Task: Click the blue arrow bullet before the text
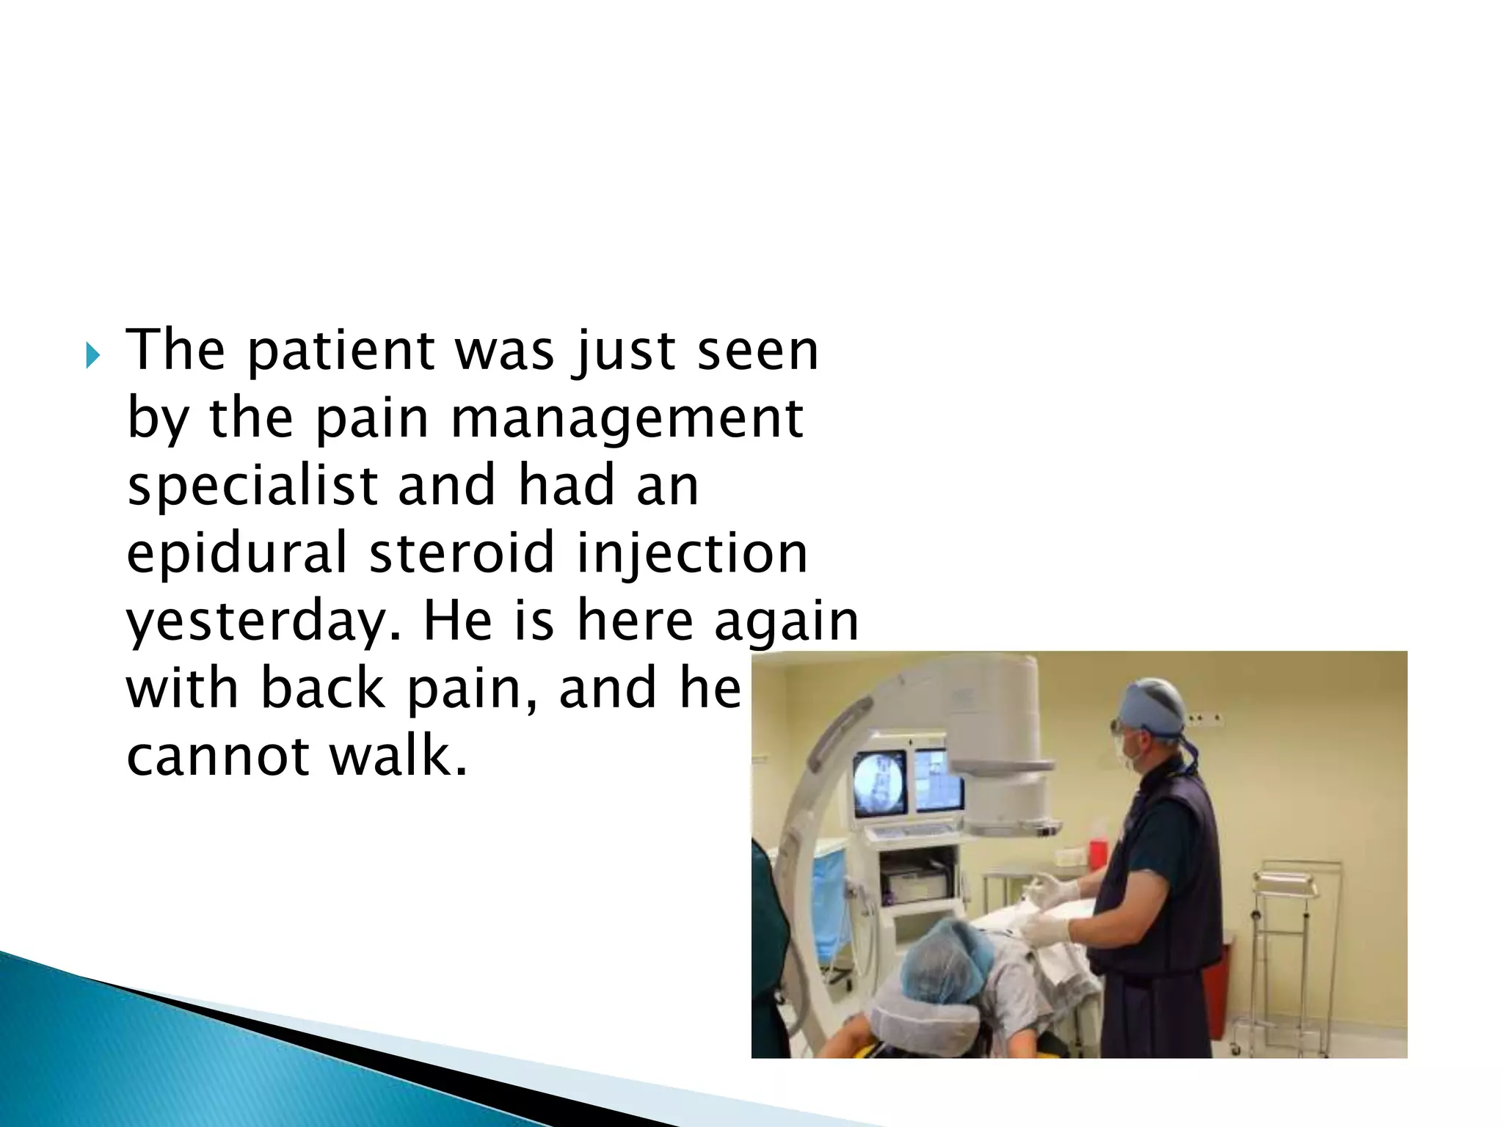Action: tap(92, 357)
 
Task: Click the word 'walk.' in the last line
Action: tap(399, 756)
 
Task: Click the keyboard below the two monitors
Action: tap(910, 831)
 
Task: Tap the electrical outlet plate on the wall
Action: tap(1204, 718)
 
